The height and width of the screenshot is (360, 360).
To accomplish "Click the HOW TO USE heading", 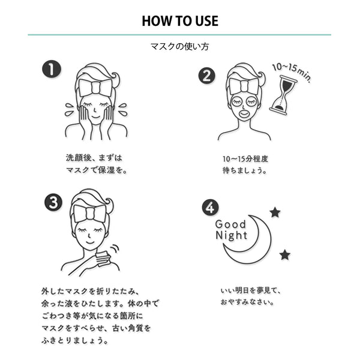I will click(x=180, y=20).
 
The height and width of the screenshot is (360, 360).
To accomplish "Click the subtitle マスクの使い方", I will click(x=180, y=46).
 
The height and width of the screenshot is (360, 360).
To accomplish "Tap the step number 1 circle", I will click(x=52, y=69).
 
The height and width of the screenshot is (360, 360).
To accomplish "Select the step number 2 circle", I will click(x=206, y=76).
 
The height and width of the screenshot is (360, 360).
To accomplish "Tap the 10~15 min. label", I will click(x=291, y=71).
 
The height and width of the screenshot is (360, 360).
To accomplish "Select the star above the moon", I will click(x=275, y=212).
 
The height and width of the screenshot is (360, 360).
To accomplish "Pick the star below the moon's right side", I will click(x=284, y=255).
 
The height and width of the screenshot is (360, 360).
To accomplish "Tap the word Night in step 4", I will click(x=231, y=236).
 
